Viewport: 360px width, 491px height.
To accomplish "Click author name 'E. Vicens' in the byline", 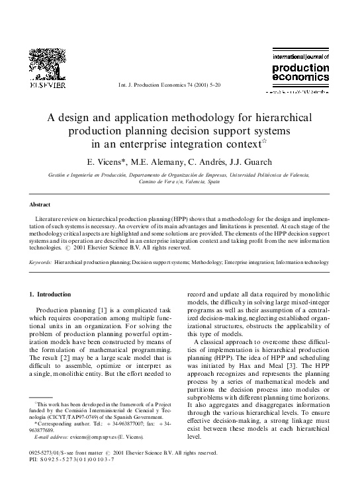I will (x=107, y=161).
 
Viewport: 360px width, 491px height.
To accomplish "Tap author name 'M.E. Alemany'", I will (x=152, y=161).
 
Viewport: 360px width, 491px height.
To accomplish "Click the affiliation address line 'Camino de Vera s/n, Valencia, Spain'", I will (x=180, y=181).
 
